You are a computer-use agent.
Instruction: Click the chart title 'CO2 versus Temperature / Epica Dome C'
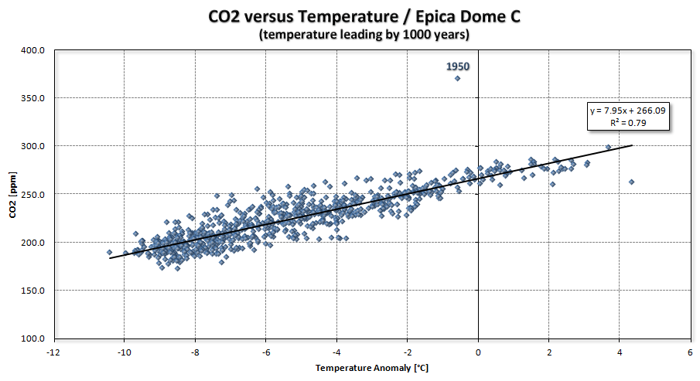point(350,15)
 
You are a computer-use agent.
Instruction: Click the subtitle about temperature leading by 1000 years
point(350,34)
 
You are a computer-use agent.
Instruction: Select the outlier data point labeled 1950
point(458,78)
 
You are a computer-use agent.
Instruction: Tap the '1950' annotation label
point(458,66)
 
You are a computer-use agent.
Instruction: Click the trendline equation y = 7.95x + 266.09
point(627,111)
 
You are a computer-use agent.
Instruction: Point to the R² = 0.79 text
point(627,122)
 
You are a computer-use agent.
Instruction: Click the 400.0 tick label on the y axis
point(35,50)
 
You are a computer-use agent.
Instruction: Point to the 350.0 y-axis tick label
point(35,98)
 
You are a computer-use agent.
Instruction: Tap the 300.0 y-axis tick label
point(35,146)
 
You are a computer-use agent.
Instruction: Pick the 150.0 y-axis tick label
point(35,291)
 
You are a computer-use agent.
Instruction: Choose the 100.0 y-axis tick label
point(35,338)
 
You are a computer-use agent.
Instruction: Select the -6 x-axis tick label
point(265,352)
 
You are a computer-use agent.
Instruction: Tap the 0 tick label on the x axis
point(478,352)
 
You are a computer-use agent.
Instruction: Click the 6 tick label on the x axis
point(690,352)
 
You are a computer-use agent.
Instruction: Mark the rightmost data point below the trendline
point(631,182)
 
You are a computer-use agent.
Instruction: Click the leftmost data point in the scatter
point(109,252)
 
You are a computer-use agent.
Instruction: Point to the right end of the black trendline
point(633,145)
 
